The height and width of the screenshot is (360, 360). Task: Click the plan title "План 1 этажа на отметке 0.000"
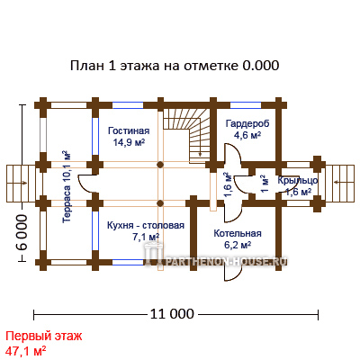tap(175, 66)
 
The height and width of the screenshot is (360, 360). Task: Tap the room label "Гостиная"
tap(129, 131)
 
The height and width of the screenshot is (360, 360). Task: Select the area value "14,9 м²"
tap(129, 142)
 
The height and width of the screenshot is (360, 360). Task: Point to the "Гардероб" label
tap(247, 123)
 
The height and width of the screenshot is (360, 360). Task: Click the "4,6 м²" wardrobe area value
tap(247, 135)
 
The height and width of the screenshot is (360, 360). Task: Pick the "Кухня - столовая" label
tap(146, 225)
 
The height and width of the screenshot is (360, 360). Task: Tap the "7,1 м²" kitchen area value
tap(146, 237)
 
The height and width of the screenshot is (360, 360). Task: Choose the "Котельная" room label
tap(238, 233)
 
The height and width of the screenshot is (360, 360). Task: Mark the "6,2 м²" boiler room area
tap(238, 245)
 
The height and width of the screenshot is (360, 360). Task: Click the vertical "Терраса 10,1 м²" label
tap(67, 186)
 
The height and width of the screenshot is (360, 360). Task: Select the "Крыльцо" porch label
tap(298, 181)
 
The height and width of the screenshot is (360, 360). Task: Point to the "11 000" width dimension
tap(172, 314)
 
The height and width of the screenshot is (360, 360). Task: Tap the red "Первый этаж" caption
tap(44, 336)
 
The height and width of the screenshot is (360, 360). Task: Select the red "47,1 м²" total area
tap(26, 350)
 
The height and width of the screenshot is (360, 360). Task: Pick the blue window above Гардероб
tap(246, 105)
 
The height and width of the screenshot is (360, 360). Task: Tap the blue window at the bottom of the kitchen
tap(128, 262)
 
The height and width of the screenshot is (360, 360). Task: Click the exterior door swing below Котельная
tap(233, 273)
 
